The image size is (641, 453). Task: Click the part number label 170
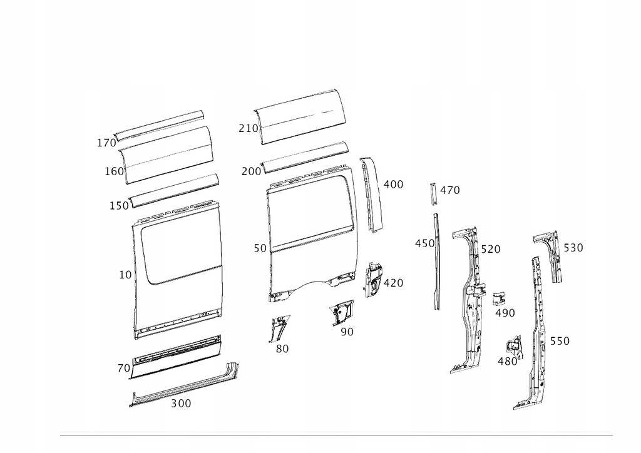[106, 143]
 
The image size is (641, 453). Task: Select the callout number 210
[248, 128]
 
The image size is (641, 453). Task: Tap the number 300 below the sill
[181, 404]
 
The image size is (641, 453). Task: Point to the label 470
[449, 190]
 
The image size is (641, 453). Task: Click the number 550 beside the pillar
[560, 341]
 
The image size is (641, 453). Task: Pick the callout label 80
[282, 349]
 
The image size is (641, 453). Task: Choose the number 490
[505, 313]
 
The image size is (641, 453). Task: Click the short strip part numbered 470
[431, 193]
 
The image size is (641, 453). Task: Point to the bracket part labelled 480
[513, 345]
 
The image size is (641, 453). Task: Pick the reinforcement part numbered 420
[374, 279]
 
